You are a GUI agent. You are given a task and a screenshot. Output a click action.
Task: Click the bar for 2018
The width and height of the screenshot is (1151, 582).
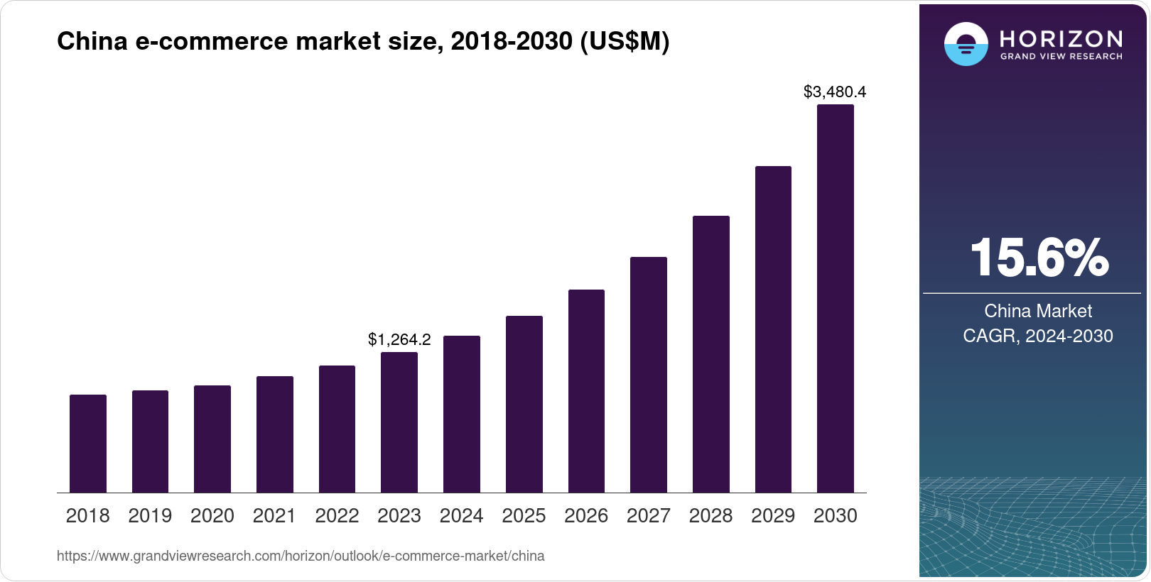click(88, 444)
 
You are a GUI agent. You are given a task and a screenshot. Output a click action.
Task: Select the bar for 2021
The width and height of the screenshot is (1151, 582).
click(275, 434)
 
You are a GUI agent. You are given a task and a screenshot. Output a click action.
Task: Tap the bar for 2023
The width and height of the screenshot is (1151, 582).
click(399, 422)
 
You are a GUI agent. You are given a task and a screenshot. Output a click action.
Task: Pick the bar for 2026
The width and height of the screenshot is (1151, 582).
click(586, 391)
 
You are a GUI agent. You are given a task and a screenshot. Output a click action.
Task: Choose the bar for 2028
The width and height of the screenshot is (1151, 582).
click(711, 354)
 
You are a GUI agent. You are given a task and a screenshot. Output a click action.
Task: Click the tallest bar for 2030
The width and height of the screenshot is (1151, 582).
click(836, 299)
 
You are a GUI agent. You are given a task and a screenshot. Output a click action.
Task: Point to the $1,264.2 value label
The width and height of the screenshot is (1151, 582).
click(399, 339)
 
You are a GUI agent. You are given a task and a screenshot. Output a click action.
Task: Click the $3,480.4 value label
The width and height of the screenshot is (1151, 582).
click(835, 92)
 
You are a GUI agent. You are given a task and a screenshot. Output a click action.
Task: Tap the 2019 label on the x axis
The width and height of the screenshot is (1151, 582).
click(150, 516)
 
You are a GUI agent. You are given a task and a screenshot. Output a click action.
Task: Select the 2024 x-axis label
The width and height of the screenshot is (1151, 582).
click(462, 516)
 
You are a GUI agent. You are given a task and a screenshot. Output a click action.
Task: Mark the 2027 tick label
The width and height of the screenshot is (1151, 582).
click(649, 516)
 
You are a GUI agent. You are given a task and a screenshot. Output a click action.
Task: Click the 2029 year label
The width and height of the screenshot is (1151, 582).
click(773, 516)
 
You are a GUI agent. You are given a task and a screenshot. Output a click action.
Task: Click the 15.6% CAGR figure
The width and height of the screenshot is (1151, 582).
click(1038, 258)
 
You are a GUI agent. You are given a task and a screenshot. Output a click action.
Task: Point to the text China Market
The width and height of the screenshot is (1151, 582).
click(1038, 311)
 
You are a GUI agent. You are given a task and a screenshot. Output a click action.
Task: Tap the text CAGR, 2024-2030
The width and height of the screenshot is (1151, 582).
click(1038, 336)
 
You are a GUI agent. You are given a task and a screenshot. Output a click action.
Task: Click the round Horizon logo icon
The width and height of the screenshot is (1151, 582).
click(966, 44)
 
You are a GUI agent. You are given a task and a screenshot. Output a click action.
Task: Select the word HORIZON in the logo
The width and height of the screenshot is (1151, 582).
click(1061, 38)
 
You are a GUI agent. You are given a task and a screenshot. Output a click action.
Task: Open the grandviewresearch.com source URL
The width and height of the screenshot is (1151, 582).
click(301, 556)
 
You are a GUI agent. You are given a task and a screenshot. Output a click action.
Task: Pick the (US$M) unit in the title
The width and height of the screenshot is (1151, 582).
click(625, 41)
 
